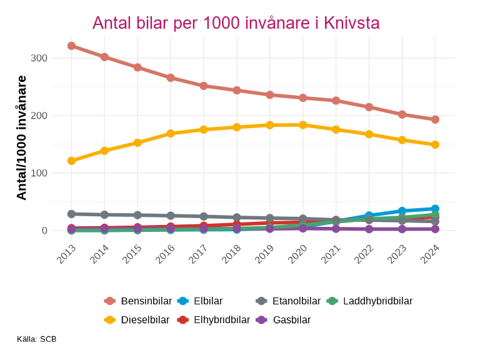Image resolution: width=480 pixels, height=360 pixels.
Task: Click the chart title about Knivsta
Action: pos(236,23)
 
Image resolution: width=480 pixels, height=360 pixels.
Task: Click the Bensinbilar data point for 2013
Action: pos(71,46)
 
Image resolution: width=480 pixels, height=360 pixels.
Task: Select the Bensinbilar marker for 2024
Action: pos(435,119)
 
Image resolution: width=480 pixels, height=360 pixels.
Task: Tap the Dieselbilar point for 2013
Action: pos(71,161)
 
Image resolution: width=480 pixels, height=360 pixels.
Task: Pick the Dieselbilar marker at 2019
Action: pos(270,125)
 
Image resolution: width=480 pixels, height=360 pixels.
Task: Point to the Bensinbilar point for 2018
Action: pos(237,90)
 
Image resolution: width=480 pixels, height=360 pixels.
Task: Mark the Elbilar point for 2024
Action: pos(435,209)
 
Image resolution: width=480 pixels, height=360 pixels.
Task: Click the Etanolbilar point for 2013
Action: pos(71,214)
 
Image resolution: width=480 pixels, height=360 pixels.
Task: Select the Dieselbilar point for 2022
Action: pos(369,134)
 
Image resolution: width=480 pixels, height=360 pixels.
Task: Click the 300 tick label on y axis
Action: pos(39,58)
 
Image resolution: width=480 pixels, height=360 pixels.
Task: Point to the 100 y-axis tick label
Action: pos(39,173)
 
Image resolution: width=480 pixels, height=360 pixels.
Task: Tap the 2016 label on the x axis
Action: pos(166,255)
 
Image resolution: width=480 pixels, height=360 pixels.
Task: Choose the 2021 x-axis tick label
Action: pos(331,255)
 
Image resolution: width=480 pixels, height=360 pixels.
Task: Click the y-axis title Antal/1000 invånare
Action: pos(22,137)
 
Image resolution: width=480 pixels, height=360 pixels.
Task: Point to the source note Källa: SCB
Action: pos(37,339)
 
